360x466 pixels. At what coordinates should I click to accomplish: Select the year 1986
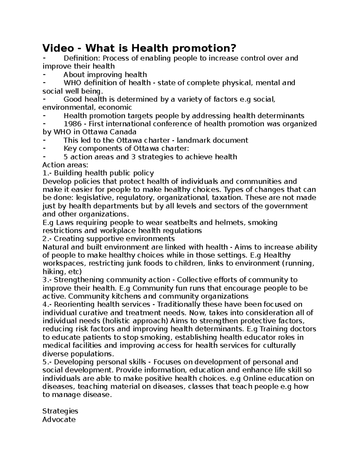(72, 124)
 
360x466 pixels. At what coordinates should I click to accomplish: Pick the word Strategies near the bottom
(60, 411)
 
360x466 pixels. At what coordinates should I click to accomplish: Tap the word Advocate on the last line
(59, 419)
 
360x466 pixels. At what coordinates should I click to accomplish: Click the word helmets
(223, 223)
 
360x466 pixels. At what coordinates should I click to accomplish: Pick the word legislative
(95, 198)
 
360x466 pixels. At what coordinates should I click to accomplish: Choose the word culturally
(279, 345)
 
